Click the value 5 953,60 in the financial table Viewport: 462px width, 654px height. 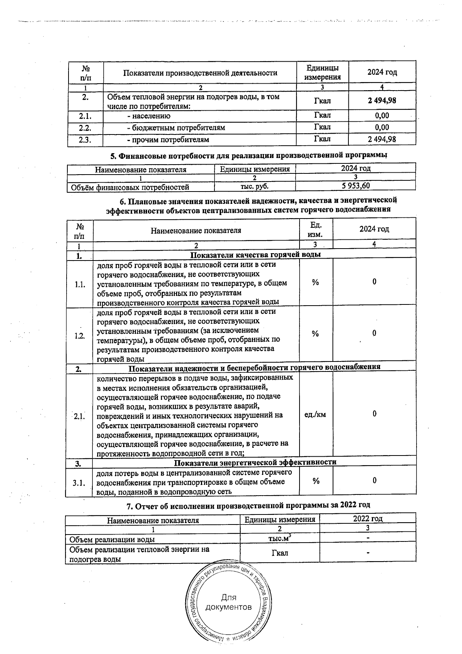pos(355,186)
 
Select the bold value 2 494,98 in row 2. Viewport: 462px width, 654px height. pos(382,101)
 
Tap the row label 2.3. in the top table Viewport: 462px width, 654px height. pos(85,140)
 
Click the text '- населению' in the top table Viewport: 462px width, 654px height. pos(149,116)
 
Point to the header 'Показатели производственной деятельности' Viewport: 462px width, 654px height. pos(200,73)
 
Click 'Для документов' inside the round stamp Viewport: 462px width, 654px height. pos(229,602)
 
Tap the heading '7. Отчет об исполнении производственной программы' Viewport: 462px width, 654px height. pos(248,505)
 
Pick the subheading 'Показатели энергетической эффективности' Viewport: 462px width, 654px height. pos(255,462)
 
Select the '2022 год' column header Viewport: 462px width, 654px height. pos(368,518)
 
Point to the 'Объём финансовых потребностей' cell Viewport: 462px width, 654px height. pos(130,187)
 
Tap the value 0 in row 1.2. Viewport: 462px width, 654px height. pos(374,333)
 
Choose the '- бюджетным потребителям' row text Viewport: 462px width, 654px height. pos(176,128)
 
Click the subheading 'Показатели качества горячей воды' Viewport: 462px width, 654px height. pos(256,254)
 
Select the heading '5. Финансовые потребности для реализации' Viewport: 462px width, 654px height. pos(248,156)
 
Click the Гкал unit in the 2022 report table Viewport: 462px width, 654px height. pos(280,553)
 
